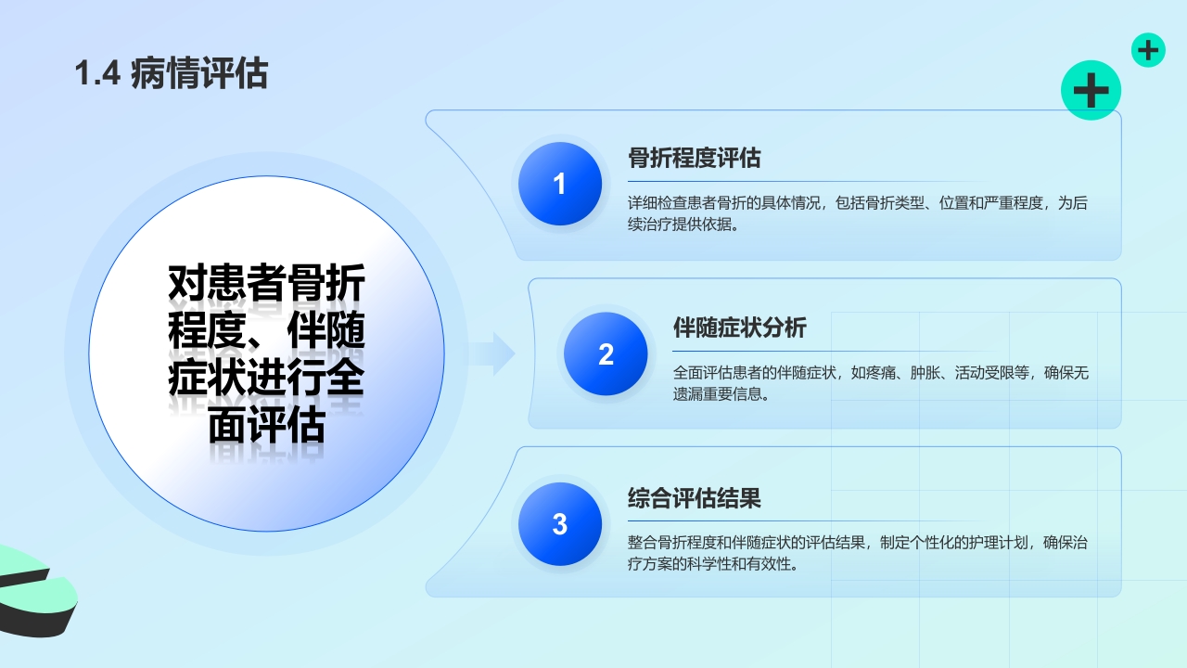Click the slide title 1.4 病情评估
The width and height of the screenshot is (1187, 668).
coord(172,73)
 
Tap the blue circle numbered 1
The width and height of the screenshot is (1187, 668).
coord(559,184)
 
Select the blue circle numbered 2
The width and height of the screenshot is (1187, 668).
coord(606,353)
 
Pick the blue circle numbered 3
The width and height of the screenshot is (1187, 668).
coord(559,524)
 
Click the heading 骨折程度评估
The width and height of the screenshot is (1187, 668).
coord(694,158)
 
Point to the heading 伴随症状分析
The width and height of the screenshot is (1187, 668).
coord(739,328)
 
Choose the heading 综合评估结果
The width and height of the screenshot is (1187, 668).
coord(694,498)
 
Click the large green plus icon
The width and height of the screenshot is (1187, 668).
coord(1091,90)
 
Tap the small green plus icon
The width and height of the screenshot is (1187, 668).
coord(1148,50)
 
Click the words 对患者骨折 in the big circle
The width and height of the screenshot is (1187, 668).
coord(266,284)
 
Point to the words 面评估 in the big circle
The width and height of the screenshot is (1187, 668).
coord(266,427)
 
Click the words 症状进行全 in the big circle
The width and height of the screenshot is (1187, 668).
coord(266,379)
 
